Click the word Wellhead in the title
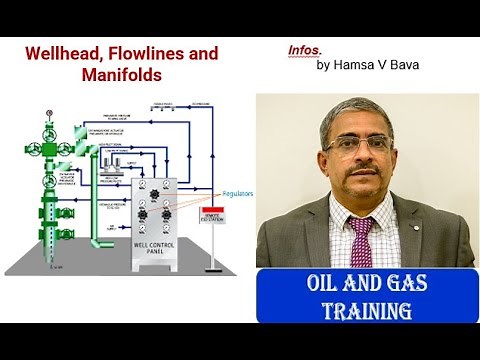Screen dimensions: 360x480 (x=64, y=53)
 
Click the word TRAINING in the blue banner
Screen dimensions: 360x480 (x=366, y=311)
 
